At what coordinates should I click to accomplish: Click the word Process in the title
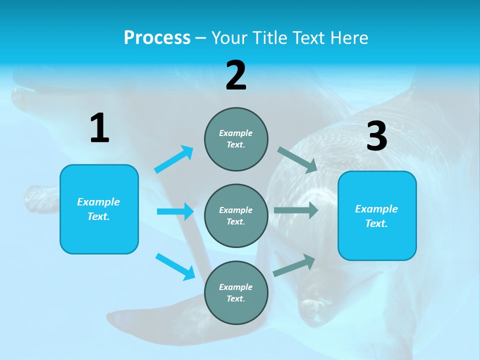[157, 37]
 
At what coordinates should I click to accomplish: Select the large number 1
[99, 128]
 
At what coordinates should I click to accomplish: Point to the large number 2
[236, 76]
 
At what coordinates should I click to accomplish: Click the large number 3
[377, 136]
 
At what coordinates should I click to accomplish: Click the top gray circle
[236, 139]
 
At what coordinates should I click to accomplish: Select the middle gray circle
[236, 215]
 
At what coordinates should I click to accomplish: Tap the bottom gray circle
[236, 292]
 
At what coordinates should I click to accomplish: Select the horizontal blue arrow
[175, 211]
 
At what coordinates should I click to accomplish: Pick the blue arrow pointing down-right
[175, 266]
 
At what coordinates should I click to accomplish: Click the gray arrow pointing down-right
[297, 160]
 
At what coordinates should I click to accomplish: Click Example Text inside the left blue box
[98, 209]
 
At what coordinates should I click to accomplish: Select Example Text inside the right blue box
[376, 216]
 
